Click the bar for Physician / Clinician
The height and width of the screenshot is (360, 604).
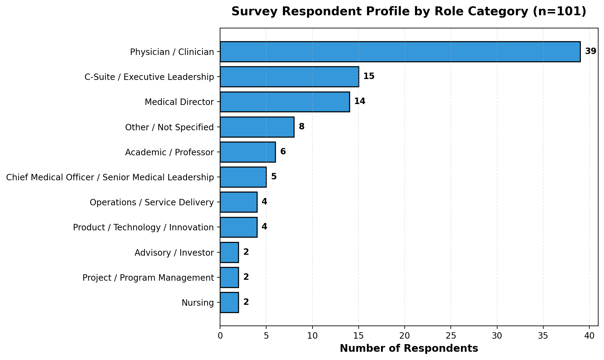(400, 52)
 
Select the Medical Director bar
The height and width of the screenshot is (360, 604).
(284, 102)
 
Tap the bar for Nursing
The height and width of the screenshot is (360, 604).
(229, 302)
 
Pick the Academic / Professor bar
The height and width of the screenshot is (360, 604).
(248, 152)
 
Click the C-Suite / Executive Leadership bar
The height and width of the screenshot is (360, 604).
(289, 77)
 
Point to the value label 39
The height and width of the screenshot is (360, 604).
(590, 51)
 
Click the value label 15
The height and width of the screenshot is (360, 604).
(369, 76)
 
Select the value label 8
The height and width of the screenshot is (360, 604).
(302, 127)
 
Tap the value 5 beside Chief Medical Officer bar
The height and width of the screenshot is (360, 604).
(274, 177)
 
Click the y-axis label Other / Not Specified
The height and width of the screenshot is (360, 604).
(169, 127)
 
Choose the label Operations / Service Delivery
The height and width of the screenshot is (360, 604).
(152, 202)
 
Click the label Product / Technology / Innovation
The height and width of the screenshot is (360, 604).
(143, 227)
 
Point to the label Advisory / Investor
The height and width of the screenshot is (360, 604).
(174, 253)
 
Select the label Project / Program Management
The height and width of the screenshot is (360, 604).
(148, 278)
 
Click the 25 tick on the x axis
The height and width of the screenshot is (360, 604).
(451, 336)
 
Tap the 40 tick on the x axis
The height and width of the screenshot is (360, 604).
(589, 336)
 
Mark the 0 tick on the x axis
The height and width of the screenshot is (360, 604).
(220, 336)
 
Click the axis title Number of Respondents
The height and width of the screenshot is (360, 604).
(409, 348)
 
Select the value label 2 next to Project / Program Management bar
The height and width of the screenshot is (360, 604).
(246, 277)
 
